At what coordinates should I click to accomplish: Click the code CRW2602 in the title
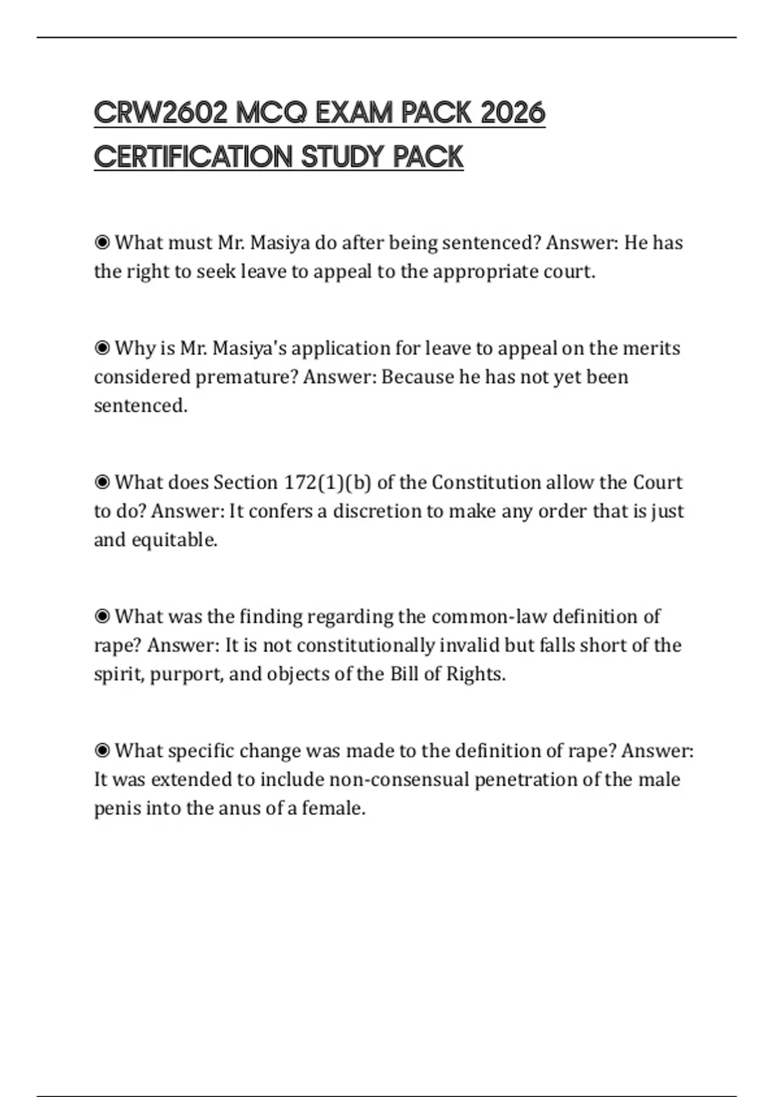click(161, 114)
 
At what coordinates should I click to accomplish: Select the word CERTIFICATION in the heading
click(193, 157)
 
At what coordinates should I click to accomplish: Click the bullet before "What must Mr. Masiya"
click(102, 243)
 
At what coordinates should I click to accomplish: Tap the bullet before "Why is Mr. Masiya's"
click(102, 348)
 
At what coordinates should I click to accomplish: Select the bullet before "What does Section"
click(102, 483)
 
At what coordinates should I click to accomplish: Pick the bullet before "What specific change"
click(102, 751)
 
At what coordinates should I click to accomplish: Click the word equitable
click(174, 539)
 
